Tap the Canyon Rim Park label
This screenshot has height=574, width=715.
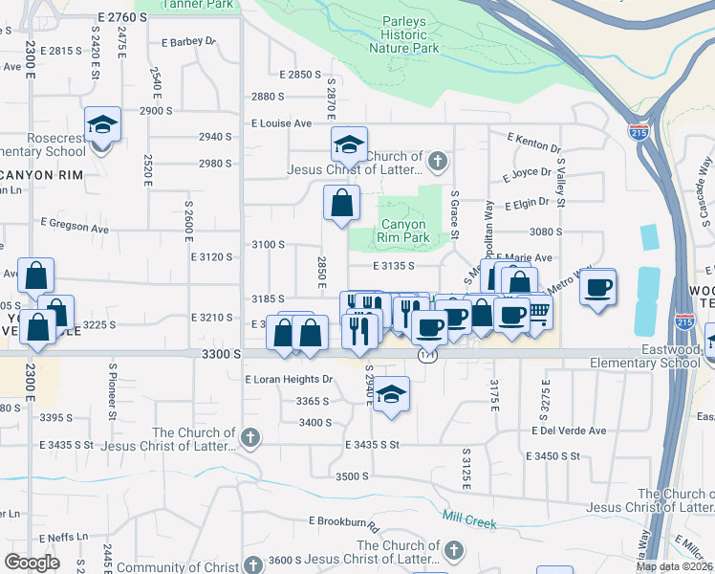click(x=402, y=232)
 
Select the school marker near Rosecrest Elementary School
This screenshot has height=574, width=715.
click(x=102, y=125)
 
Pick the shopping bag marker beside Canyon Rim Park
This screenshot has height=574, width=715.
click(x=341, y=204)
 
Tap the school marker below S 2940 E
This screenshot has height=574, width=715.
click(x=390, y=394)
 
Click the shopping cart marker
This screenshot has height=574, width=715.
click(x=537, y=311)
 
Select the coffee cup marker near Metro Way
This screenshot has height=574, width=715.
click(x=598, y=287)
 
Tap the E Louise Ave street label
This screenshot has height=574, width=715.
click(x=282, y=123)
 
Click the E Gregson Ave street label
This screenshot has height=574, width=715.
click(x=75, y=226)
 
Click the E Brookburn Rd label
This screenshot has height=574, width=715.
click(x=344, y=522)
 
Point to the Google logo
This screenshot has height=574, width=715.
click(x=32, y=562)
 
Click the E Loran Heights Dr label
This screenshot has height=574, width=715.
click(x=289, y=380)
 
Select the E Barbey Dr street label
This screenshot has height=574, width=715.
click(x=189, y=42)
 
